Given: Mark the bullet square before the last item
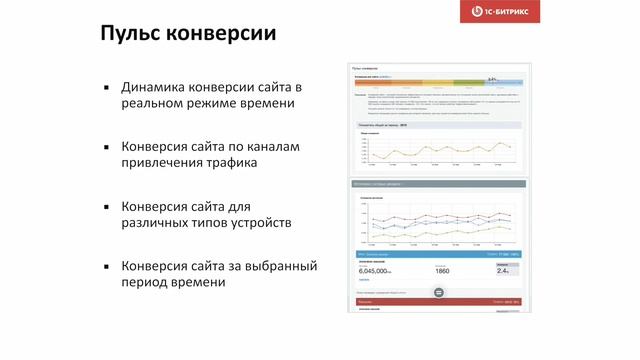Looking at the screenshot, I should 105,267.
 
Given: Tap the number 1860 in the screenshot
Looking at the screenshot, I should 442,271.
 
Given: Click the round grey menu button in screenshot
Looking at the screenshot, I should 437,292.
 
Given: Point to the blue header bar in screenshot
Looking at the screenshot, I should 436,255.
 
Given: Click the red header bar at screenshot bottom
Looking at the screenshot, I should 436,300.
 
